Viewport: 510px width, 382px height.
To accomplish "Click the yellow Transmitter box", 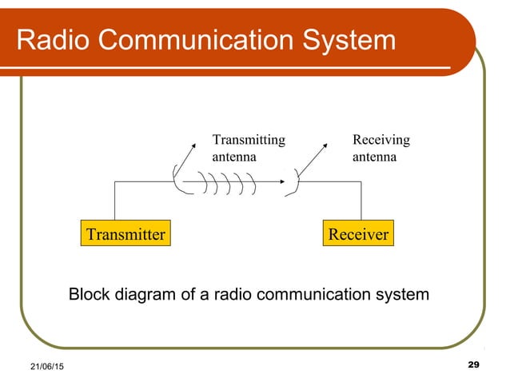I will [126, 234].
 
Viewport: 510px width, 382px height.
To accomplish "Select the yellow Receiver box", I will [358, 234].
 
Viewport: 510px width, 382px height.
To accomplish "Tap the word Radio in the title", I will [50, 41].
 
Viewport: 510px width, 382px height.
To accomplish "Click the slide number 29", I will [472, 364].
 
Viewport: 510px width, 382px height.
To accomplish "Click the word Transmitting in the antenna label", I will [248, 140].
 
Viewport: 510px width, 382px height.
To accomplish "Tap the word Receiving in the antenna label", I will [381, 140].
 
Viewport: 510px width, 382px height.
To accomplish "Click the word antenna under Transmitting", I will [234, 157].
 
